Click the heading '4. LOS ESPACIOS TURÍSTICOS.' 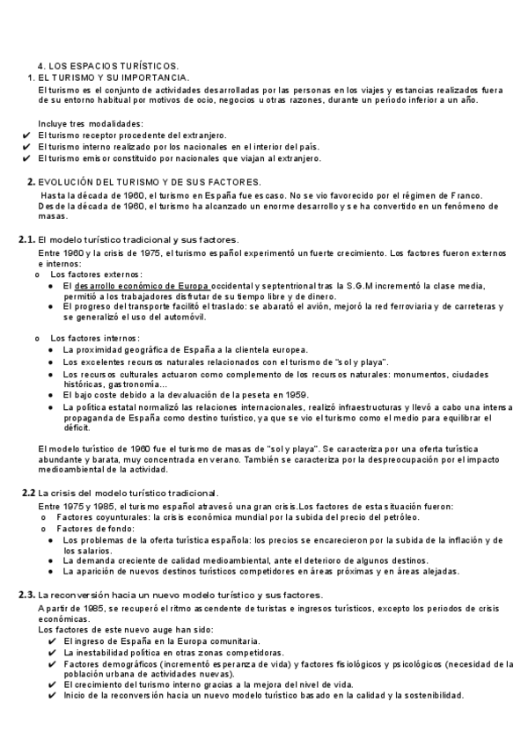click(x=108, y=66)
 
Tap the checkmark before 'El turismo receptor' click(x=26, y=135)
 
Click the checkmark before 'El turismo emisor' click(x=26, y=158)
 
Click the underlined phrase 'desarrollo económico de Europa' click(x=143, y=286)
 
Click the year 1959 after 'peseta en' click(x=295, y=395)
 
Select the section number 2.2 click(x=28, y=493)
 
